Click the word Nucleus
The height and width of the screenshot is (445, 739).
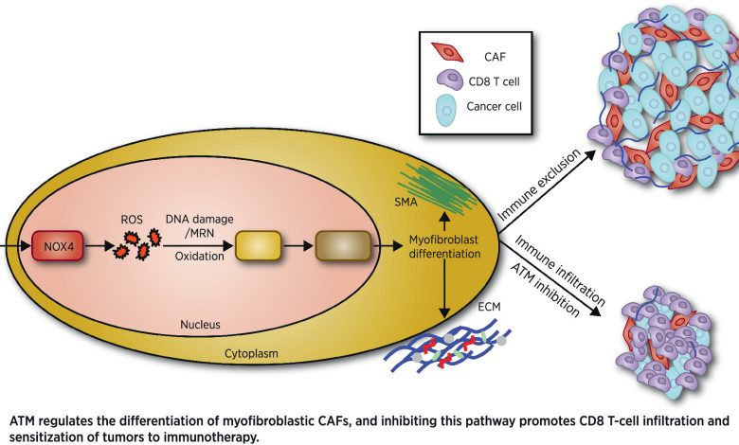(x=201, y=325)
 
